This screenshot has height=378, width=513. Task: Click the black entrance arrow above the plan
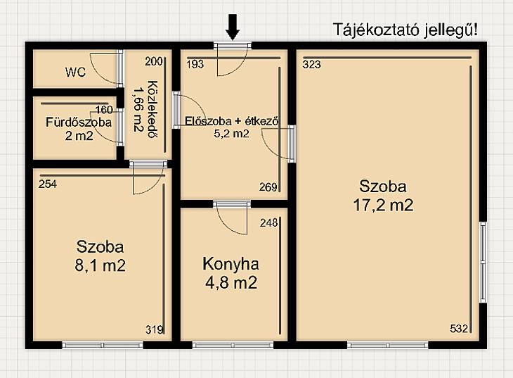[233, 27]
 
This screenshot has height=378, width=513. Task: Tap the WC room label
[76, 72]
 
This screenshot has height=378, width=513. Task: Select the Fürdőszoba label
[79, 122]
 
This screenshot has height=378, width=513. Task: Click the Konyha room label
[231, 264]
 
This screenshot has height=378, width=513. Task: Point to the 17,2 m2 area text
[383, 206]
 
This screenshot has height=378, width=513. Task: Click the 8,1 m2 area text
[100, 265]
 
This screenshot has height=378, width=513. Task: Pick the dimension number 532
[459, 329]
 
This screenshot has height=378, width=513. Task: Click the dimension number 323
[312, 65]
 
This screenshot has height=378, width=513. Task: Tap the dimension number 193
[195, 64]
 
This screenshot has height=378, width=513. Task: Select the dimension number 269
[268, 187]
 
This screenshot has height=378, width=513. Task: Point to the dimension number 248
[269, 223]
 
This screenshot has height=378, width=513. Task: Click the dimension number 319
[155, 329]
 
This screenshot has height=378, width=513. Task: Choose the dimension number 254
[48, 184]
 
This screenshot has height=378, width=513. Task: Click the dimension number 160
[104, 110]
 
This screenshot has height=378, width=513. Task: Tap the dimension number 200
[154, 61]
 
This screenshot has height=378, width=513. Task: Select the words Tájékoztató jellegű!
[405, 30]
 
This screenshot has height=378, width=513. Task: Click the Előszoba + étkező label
[232, 121]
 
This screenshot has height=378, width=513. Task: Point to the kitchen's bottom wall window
[233, 345]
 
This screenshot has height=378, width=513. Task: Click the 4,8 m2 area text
[231, 282]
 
